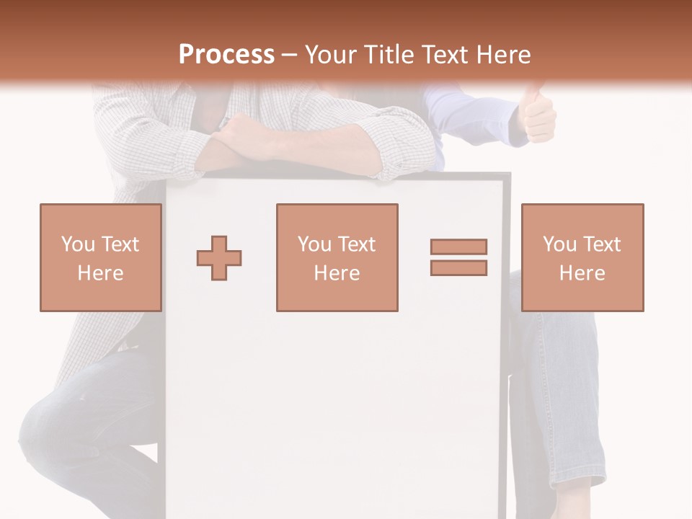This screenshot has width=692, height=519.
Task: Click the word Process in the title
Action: (x=226, y=55)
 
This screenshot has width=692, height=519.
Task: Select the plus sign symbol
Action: (x=219, y=258)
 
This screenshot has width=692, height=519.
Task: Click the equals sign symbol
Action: (x=458, y=257)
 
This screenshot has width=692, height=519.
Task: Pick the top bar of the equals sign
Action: (x=458, y=247)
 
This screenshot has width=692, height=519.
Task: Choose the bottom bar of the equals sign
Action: (x=458, y=268)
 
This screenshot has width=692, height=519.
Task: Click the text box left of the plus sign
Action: (x=101, y=258)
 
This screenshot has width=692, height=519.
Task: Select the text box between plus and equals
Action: (x=337, y=258)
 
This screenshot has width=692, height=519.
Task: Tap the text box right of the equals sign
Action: (x=582, y=258)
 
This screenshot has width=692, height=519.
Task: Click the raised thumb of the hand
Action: (x=534, y=94)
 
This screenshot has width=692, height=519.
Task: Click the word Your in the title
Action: (x=329, y=55)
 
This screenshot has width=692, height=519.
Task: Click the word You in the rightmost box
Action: (x=559, y=244)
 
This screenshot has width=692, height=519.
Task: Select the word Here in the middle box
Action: (x=337, y=273)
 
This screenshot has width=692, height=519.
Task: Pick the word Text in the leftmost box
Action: (x=120, y=244)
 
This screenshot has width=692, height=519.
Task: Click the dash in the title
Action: (x=289, y=55)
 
